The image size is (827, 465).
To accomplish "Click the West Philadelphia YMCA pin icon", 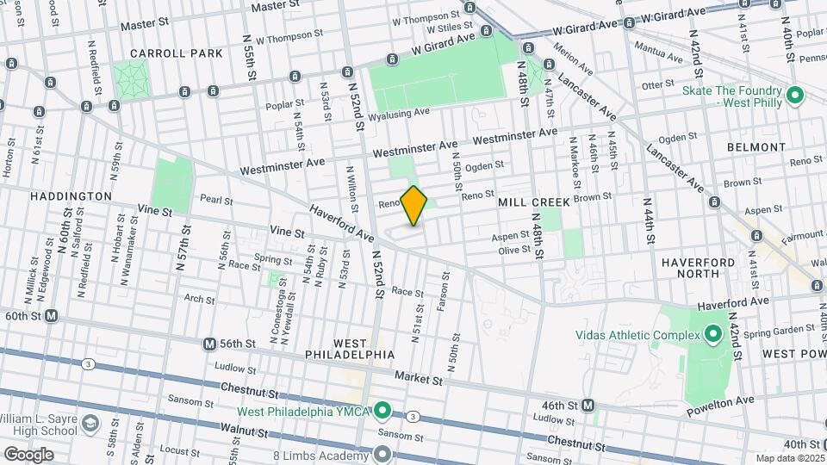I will point(384,410).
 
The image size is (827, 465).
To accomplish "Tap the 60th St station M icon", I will point(52,316).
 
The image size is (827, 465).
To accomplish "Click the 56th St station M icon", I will point(209,344).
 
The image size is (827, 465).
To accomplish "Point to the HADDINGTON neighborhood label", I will point(71,196).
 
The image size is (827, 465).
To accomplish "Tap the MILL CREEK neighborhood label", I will point(534,202).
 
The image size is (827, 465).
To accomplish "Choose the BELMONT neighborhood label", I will point(756,147).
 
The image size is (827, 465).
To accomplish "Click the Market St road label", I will point(419,377).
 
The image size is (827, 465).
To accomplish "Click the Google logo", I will point(28,454).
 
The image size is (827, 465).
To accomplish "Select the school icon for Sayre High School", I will point(90,425).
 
